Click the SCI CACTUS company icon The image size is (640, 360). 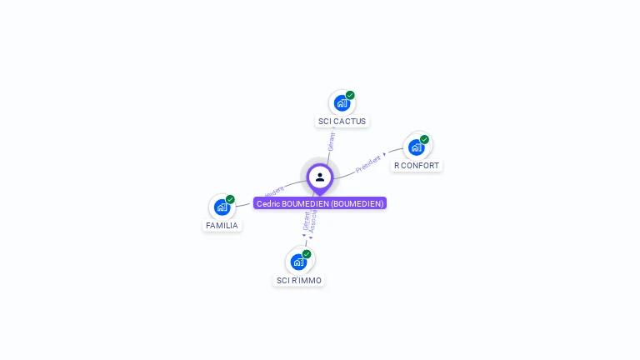(x=341, y=103)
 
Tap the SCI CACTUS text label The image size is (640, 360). (x=342, y=122)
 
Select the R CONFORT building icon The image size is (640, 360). (x=416, y=147)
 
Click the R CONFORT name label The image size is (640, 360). (x=417, y=166)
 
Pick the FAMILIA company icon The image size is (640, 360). (x=222, y=207)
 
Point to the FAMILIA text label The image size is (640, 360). (x=222, y=226)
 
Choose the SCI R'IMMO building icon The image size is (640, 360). (x=298, y=262)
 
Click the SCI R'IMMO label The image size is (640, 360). (x=299, y=281)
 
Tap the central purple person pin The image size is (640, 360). (x=320, y=177)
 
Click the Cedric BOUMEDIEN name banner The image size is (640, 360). (x=320, y=203)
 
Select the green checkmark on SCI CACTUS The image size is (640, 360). (x=350, y=95)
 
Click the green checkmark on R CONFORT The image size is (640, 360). (x=424, y=139)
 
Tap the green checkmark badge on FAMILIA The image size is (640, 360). (x=230, y=199)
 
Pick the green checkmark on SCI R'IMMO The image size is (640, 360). (x=307, y=253)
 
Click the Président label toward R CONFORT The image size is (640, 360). (x=367, y=163)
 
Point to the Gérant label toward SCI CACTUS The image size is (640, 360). (x=331, y=141)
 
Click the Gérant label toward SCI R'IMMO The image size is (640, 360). (x=306, y=220)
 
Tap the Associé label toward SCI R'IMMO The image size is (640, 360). (x=313, y=221)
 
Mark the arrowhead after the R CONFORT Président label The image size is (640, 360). (x=384, y=154)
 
